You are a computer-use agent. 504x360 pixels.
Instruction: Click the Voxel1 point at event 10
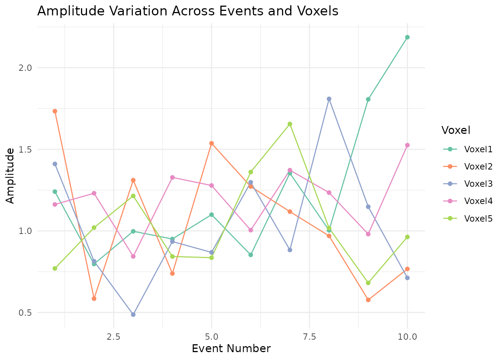407,37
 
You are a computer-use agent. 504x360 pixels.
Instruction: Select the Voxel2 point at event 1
55,111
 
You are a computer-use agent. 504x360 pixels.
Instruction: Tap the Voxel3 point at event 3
133,315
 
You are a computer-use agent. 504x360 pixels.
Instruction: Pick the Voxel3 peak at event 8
329,99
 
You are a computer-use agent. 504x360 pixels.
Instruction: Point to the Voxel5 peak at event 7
290,124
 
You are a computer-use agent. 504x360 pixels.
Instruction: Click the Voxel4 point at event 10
407,145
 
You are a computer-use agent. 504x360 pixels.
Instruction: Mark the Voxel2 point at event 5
211,143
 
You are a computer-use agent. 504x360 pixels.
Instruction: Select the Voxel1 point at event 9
368,99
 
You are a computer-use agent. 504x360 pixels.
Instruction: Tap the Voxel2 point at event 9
368,300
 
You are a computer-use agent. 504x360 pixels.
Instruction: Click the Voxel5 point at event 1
55,268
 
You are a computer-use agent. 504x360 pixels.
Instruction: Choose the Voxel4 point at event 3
133,256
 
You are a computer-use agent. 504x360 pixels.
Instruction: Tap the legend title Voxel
456,130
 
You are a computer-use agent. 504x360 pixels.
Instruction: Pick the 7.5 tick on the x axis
309,336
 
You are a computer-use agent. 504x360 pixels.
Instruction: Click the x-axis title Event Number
231,349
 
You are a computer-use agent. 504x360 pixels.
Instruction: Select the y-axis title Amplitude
10,175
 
